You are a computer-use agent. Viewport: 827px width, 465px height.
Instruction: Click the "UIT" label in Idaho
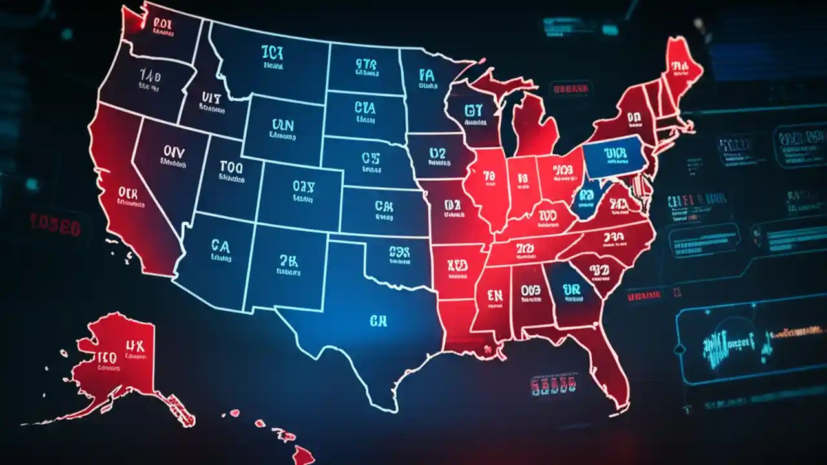[x=211, y=98]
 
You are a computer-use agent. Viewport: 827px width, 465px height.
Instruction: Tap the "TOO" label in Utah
[x=231, y=169]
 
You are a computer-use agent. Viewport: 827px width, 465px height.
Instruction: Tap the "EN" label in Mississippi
[x=494, y=296]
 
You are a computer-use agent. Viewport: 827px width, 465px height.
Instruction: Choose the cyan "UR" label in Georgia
[x=571, y=288]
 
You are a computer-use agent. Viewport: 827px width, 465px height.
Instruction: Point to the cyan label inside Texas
[x=378, y=320]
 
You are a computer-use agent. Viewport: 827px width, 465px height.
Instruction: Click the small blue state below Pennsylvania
[x=588, y=197]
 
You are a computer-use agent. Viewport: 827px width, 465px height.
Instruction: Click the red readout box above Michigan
[x=571, y=88]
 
